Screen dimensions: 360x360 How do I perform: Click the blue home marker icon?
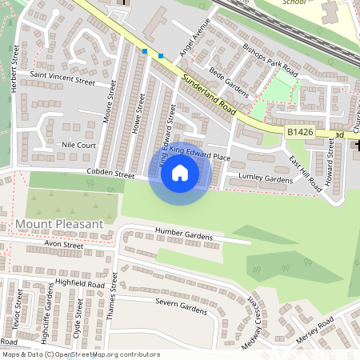pos(180,172)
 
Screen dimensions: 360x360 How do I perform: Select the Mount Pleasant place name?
pos(59,224)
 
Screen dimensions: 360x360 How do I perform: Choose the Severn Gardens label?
pos(182,305)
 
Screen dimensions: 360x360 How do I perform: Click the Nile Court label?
pos(78,146)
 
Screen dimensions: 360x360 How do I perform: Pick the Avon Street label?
pos(63,245)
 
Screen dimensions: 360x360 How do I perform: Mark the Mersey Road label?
pos(316,328)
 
